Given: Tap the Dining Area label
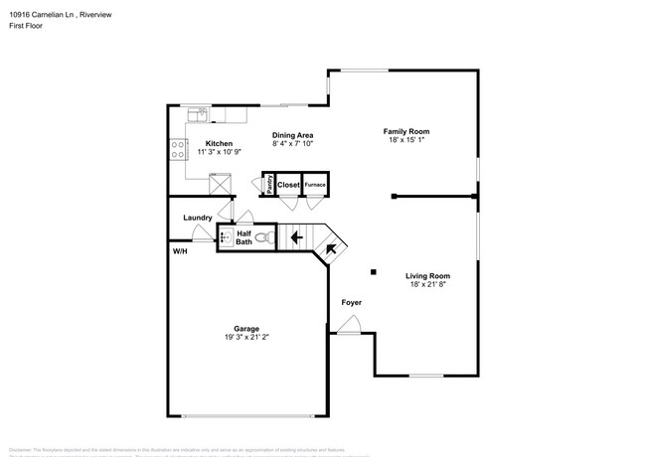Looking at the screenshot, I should [x=293, y=134].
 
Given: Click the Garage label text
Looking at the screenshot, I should [x=246, y=329].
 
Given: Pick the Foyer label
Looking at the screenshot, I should [x=351, y=302].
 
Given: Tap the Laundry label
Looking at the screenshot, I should [x=197, y=217].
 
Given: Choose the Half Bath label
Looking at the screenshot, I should [x=243, y=237].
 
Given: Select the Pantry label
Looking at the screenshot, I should [x=269, y=184].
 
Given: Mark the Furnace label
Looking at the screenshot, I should [x=315, y=185].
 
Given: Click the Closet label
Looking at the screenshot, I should [x=288, y=185].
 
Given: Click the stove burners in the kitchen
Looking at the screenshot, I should [x=178, y=150].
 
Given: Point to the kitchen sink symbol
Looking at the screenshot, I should [x=202, y=114].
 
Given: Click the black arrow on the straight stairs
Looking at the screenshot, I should [x=295, y=237].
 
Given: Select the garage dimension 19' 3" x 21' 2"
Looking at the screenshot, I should [x=246, y=338].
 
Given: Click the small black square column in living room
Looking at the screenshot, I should [x=374, y=271].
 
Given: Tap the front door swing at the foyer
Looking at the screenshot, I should [x=349, y=325].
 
